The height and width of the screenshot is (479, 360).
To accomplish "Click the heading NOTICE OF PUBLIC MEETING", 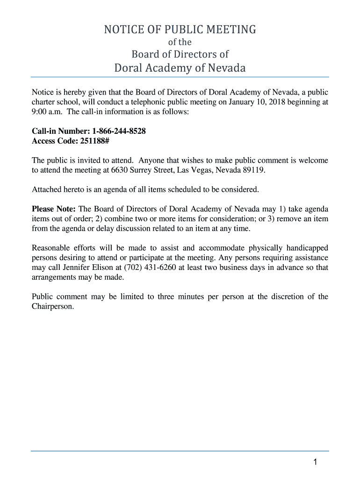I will coord(180,30).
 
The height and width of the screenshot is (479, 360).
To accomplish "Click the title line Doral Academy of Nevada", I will coord(180,68).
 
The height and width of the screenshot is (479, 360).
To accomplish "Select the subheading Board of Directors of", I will coord(180,54).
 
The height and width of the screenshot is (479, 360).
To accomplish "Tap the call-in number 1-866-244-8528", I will coord(119,131).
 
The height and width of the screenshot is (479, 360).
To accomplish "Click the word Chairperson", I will coord(52,306).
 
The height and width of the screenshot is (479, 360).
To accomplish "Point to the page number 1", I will coord(316,463).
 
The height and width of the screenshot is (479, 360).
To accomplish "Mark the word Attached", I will coord(46,189).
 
